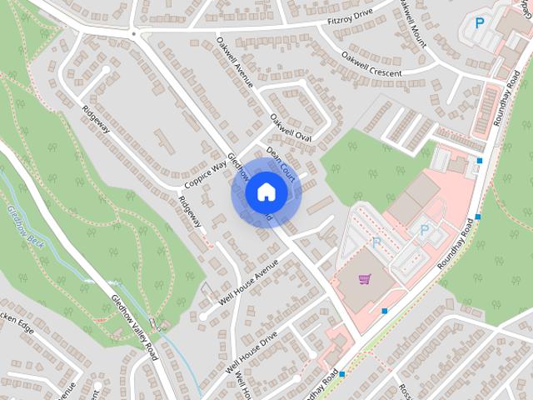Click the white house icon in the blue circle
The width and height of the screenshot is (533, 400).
(265, 192)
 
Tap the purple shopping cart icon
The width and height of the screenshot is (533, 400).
(364, 279)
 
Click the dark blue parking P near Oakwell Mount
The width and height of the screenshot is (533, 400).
(478, 23)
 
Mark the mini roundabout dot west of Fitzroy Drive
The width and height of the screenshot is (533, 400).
(133, 34)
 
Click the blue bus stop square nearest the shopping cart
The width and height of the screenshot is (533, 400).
(384, 311)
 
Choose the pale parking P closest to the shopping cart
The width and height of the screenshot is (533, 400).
(376, 243)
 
